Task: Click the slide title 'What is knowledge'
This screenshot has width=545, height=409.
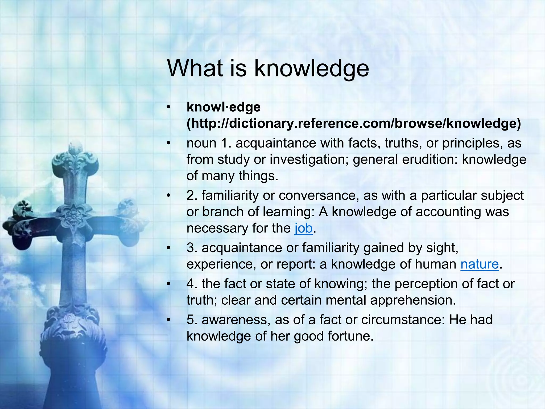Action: tap(268, 68)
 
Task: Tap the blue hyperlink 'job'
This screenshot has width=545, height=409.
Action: tap(303, 228)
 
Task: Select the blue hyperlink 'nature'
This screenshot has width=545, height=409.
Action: tap(480, 264)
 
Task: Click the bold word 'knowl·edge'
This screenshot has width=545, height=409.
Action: tap(224, 107)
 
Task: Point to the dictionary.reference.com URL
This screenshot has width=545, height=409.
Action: tap(354, 123)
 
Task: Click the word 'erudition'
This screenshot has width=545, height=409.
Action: tap(431, 159)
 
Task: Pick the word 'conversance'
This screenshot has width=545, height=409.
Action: tap(317, 195)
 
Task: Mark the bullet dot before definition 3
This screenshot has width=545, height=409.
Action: tap(168, 248)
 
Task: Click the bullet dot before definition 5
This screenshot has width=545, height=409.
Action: tap(168, 320)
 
